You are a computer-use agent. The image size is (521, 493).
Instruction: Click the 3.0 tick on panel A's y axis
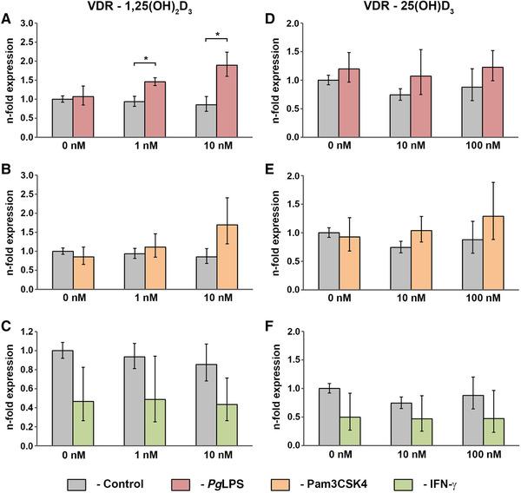pyautogui.click(x=36, y=23)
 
